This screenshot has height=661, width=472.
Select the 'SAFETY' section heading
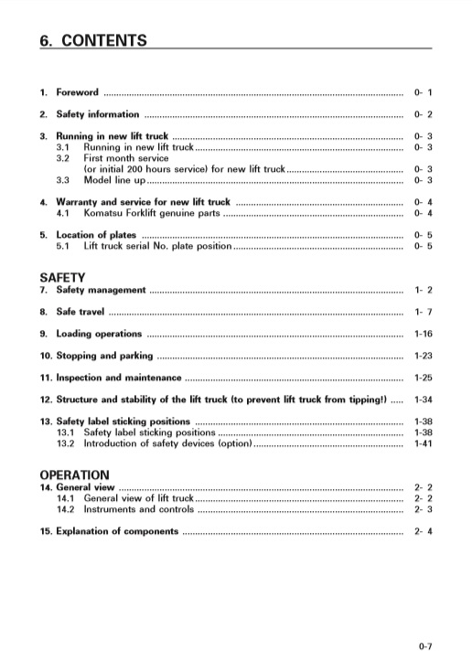coord(62,277)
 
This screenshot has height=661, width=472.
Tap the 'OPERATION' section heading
coord(74,475)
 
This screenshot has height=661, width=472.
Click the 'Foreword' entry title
coord(77,93)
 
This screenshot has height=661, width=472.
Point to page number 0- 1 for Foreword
coord(423,93)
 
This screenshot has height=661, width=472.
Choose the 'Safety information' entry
coord(98,114)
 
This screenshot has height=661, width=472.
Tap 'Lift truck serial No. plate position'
coord(158,246)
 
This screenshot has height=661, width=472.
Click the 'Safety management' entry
coord(101,290)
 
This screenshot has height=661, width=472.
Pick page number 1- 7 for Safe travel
coord(423,313)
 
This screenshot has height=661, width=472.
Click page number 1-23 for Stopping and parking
coord(423,356)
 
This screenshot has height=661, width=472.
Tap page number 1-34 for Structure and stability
coord(423,400)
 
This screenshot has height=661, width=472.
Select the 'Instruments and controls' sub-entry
coord(138,509)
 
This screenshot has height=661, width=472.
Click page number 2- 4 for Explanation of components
coord(423,531)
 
